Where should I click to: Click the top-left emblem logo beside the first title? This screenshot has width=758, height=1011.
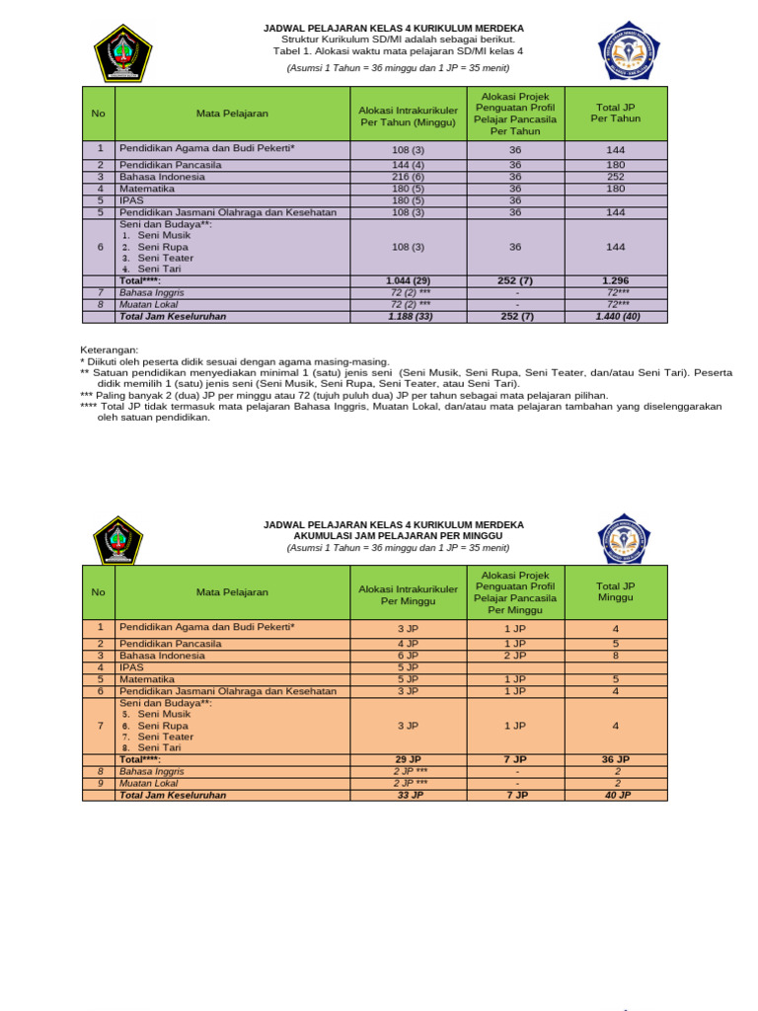point(121,52)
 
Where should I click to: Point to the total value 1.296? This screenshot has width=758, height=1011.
point(615,281)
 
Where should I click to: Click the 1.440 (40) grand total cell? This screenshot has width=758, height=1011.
point(615,316)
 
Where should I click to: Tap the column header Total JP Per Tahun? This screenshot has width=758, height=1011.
point(615,113)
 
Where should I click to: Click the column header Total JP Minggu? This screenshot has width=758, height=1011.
point(615,591)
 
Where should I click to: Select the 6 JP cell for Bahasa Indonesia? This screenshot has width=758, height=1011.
point(408,655)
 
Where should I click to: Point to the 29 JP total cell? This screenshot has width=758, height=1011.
point(408,759)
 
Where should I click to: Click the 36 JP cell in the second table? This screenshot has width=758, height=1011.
point(615,759)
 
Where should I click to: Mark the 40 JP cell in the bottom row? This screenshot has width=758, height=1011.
point(615,794)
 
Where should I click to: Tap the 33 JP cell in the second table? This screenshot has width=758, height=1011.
point(408,794)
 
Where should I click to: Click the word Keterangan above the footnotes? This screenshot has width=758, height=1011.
point(109,350)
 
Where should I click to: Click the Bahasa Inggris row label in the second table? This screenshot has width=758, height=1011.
point(152,771)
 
